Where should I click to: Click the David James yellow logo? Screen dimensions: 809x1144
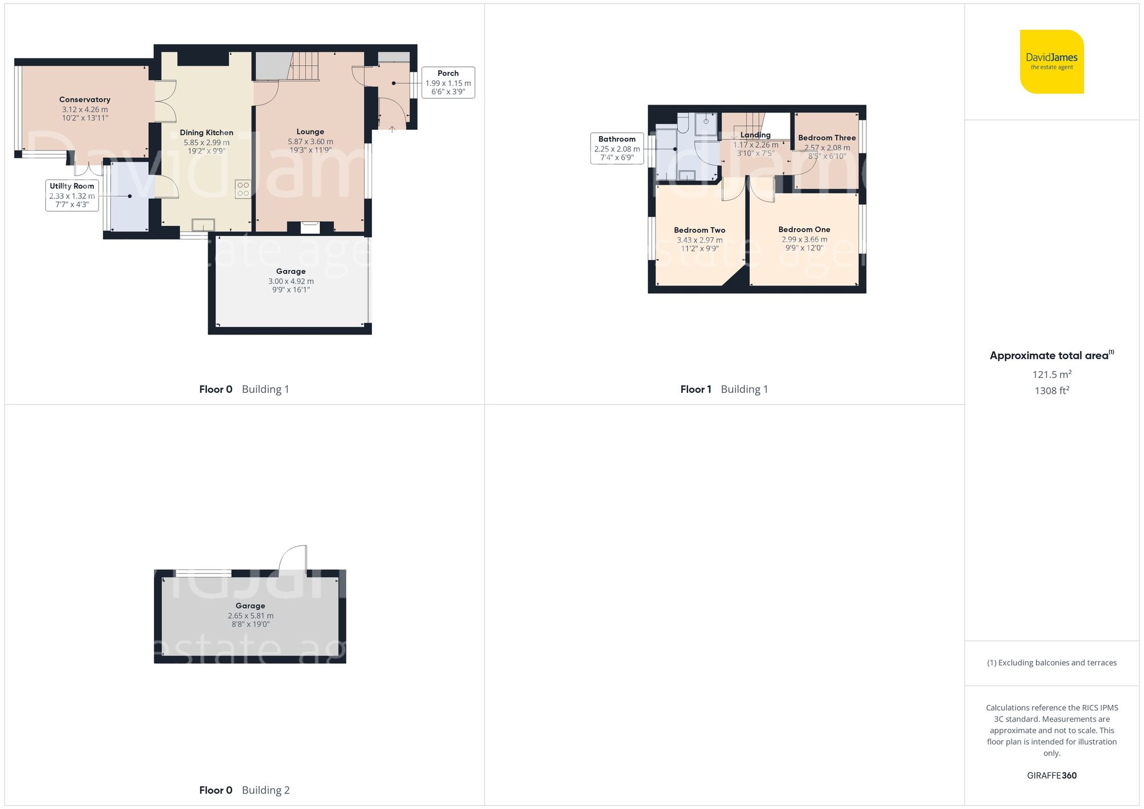(1051, 62)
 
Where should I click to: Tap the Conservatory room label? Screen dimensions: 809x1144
(85, 99)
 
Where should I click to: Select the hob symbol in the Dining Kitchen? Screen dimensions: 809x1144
(243, 189)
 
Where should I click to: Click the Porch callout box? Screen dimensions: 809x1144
(448, 83)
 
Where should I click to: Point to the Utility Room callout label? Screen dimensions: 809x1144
(71, 186)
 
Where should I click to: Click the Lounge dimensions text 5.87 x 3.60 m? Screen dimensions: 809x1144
(310, 142)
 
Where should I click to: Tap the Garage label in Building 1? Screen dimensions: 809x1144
(291, 272)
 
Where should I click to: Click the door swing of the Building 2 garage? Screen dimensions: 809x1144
(293, 558)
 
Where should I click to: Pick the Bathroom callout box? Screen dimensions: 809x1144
(617, 148)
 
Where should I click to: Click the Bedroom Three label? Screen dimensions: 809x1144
(827, 138)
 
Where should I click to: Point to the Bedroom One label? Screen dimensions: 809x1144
(804, 229)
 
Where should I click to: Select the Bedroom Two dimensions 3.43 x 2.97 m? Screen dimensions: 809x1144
(699, 240)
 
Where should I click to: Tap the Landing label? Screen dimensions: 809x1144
(755, 135)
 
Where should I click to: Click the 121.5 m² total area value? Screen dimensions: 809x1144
(1051, 374)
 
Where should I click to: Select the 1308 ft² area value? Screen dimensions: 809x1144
(1051, 390)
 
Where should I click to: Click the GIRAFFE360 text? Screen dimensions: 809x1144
(1051, 775)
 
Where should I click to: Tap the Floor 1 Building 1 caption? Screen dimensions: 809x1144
(724, 389)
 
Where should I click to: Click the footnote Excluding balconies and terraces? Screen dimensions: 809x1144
(1051, 663)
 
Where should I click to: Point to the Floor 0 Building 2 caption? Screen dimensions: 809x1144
(244, 790)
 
